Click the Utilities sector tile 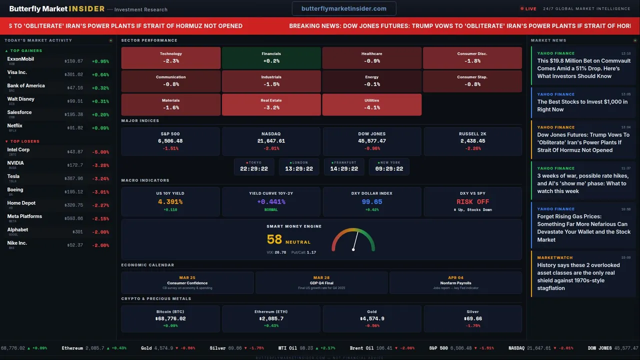point(371,104)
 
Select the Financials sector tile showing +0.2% point(271,57)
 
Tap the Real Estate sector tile point(271,104)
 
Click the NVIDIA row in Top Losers point(57,164)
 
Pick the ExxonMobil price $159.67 point(73,61)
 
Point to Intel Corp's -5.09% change point(100,152)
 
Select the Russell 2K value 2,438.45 point(472,141)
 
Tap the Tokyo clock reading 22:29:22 point(254,169)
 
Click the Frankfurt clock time point(344,169)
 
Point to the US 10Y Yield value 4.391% point(170,202)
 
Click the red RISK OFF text point(472,202)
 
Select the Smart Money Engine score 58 point(274,239)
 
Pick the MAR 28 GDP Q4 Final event point(321,282)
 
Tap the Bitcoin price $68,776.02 point(170,318)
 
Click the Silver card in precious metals point(472,318)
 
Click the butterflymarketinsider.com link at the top point(344,8)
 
